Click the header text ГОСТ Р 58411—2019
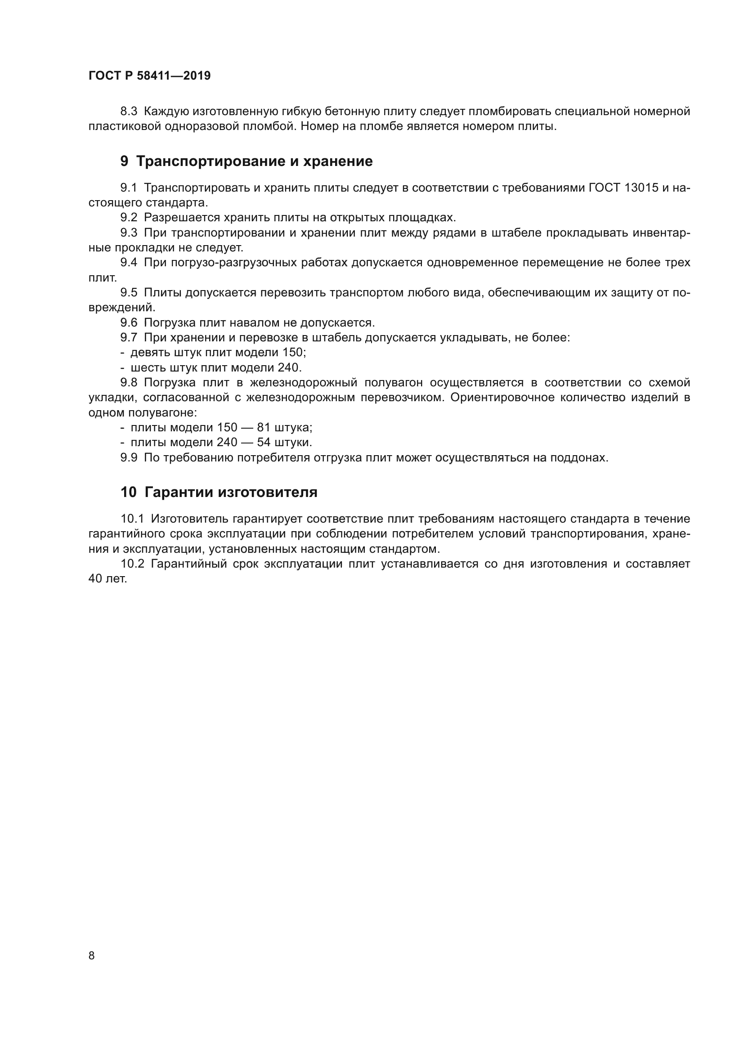[x=149, y=76]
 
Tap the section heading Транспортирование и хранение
[x=254, y=161]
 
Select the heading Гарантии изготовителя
[x=230, y=492]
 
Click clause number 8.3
[x=129, y=112]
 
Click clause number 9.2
[x=129, y=218]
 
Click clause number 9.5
[x=129, y=292]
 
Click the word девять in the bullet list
[x=148, y=352]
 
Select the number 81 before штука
[x=264, y=427]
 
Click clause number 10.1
[x=132, y=519]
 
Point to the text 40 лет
[x=108, y=579]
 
